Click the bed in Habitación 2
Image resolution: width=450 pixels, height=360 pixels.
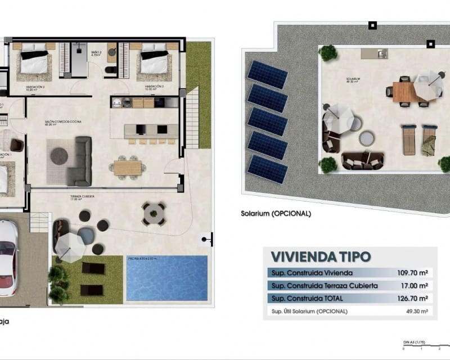point(34,62)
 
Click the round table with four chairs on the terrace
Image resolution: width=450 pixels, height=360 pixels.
point(154,213)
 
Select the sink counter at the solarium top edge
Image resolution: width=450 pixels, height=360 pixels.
point(374,53)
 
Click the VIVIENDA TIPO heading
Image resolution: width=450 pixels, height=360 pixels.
point(321,256)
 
